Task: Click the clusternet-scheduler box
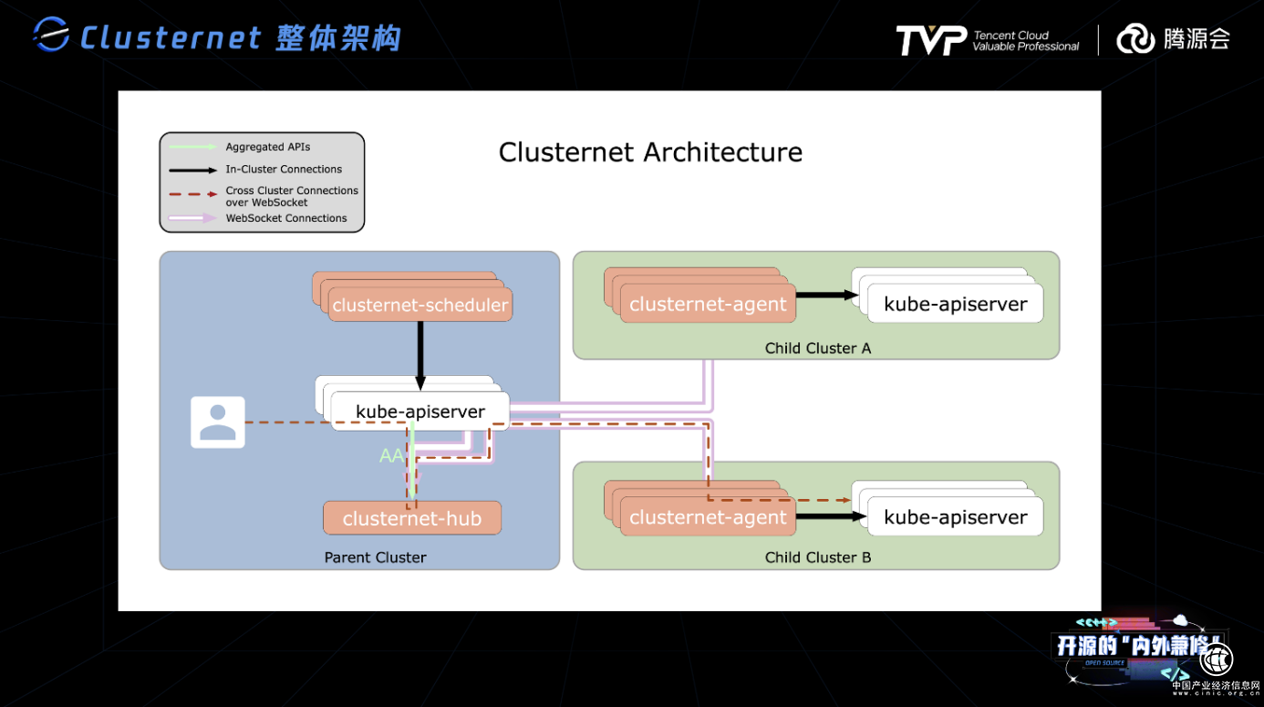click(420, 305)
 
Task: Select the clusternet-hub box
click(412, 518)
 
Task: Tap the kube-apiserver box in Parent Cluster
click(420, 411)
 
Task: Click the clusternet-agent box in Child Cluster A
click(708, 305)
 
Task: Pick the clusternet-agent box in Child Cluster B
click(708, 517)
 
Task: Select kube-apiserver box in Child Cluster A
click(955, 305)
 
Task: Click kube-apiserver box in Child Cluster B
click(955, 517)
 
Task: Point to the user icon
click(217, 422)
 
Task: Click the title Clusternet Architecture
click(650, 151)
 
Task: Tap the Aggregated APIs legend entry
click(268, 147)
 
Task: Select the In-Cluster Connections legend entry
click(284, 169)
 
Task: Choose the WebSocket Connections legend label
click(286, 218)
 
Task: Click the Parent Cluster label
click(375, 557)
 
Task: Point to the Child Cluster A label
click(817, 348)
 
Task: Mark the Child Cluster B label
click(817, 557)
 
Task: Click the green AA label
click(391, 455)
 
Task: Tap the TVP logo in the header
click(930, 40)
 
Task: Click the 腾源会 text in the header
click(1197, 39)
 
